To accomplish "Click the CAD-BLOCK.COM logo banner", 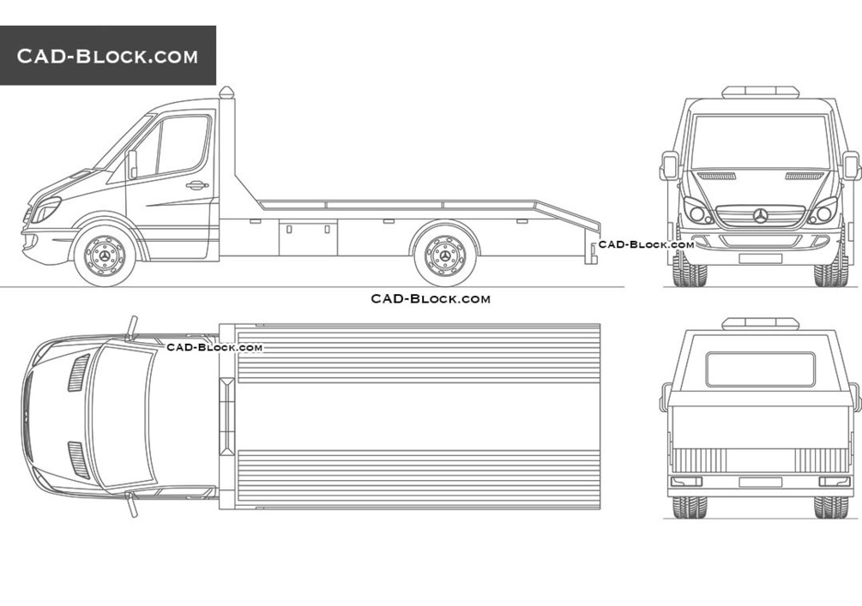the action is [x=108, y=56].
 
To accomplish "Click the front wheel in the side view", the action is [x=105, y=256].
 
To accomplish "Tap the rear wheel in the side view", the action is [x=445, y=256].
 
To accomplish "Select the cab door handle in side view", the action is [x=196, y=185].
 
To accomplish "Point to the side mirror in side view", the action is [x=132, y=165].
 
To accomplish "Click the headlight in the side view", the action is [x=45, y=210].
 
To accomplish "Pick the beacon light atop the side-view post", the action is [x=226, y=93].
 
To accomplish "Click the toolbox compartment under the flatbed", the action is [x=308, y=237].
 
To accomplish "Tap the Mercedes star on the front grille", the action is [x=761, y=216].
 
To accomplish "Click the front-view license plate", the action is [x=760, y=258].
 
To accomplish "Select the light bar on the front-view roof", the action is [x=760, y=92].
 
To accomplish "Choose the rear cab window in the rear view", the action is [x=761, y=369].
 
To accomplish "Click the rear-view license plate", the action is [x=760, y=482].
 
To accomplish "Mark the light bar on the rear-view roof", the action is [x=760, y=323].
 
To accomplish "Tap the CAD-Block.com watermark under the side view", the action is [x=431, y=299].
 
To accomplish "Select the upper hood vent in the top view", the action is [x=79, y=373].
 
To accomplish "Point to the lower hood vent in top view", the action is [x=79, y=460].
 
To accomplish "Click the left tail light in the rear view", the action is [x=687, y=482].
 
